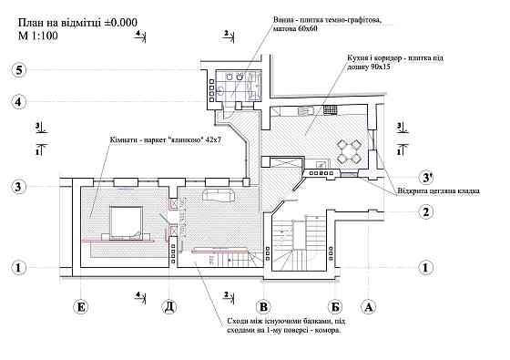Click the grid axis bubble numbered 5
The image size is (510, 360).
click(17, 69)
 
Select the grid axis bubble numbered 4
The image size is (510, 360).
click(17, 100)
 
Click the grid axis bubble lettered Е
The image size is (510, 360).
click(81, 306)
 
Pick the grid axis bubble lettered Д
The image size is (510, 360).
click(168, 306)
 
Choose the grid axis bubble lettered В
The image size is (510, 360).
click(263, 306)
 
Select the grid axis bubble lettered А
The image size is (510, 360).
click(369, 306)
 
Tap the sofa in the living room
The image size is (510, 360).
click(219, 197)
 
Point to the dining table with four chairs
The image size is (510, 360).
click(348, 150)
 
